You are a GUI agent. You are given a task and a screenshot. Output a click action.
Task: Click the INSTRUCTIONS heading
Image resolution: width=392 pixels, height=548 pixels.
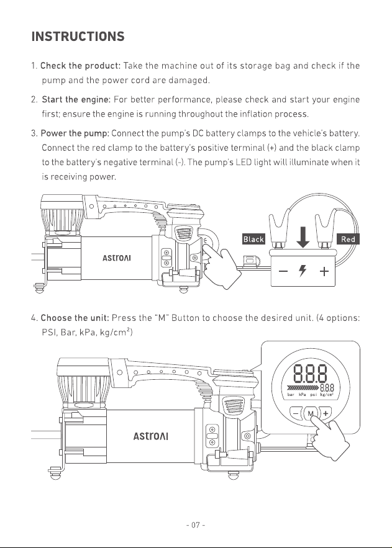click(x=78, y=37)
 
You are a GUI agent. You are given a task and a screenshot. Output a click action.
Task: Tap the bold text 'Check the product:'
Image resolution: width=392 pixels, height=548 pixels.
click(x=80, y=66)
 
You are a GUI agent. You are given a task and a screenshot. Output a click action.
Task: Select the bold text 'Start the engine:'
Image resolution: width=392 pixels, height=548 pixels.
click(x=76, y=99)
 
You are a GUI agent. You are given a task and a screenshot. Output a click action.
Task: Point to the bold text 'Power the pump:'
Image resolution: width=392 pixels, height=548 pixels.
click(x=75, y=133)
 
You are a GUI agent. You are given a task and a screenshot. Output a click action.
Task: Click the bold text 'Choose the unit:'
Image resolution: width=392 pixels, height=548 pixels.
click(x=75, y=318)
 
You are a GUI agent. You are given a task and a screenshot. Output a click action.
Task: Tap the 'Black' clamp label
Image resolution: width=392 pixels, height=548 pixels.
click(x=253, y=240)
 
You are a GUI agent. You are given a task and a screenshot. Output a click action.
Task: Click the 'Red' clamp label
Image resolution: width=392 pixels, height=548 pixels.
click(x=348, y=240)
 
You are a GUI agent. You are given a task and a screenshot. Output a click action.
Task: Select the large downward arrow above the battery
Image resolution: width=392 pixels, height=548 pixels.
click(x=303, y=237)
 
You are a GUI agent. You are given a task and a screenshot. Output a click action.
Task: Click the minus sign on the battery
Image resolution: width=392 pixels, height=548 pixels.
click(x=283, y=271)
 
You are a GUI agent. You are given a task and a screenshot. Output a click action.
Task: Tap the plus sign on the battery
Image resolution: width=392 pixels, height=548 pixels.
click(x=324, y=271)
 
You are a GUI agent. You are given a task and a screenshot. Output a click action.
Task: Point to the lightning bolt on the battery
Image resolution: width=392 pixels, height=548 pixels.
click(x=303, y=271)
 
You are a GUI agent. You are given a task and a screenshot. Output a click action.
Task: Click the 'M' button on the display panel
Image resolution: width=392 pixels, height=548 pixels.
click(x=310, y=414)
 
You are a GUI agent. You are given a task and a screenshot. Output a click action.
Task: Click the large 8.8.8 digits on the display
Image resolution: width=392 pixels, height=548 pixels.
click(x=310, y=374)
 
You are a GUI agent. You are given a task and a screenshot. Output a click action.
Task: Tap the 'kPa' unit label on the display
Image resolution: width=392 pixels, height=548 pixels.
click(x=302, y=395)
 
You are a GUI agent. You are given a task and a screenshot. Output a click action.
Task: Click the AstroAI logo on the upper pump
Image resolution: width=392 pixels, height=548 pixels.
click(x=117, y=258)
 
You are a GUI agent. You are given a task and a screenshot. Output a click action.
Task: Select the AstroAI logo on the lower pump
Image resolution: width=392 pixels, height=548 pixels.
click(x=151, y=436)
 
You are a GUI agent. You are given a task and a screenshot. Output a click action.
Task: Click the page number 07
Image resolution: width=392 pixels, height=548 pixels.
click(x=196, y=525)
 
